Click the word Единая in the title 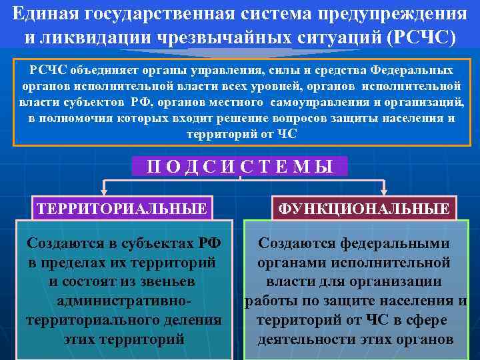click(x=42, y=13)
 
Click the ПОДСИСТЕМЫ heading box click(x=239, y=166)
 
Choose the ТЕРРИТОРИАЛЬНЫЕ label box click(x=123, y=209)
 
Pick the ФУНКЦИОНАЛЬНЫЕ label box click(x=363, y=209)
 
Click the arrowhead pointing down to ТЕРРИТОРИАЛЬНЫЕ click(x=102, y=191)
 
